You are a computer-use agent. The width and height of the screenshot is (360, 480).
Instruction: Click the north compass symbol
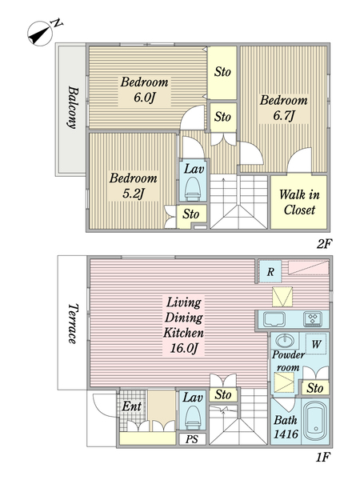[x=43, y=32]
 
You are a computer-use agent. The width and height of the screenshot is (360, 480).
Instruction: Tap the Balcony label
[x=73, y=107]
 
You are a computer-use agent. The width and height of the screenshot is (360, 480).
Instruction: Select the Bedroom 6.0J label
[x=144, y=90]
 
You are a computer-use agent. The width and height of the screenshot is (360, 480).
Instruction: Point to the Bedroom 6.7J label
[x=284, y=108]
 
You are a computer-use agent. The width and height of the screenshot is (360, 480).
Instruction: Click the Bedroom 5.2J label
[x=133, y=186]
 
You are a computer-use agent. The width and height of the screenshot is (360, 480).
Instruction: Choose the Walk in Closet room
[x=299, y=202]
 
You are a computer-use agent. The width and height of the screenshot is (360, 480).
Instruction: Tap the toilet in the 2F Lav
[x=193, y=189]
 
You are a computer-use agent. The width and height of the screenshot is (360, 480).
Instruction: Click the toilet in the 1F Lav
[x=193, y=418]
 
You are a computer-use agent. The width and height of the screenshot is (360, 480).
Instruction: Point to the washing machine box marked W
[x=316, y=344]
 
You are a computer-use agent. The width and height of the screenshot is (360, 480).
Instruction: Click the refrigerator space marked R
[x=270, y=271]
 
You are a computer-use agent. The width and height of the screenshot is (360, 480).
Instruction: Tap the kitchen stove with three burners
[x=313, y=318]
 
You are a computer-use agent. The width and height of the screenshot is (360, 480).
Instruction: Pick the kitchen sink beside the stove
[x=274, y=319]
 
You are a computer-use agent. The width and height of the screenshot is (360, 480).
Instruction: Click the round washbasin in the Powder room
[x=285, y=341]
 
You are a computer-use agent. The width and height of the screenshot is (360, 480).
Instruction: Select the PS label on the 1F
[x=192, y=439]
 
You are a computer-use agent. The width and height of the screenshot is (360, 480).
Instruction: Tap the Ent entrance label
[x=131, y=406]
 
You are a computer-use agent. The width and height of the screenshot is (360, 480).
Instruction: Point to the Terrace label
[x=73, y=323]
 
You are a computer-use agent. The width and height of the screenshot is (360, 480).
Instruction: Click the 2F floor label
[x=325, y=244]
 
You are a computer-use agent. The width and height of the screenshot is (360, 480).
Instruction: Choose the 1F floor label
[x=323, y=457]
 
